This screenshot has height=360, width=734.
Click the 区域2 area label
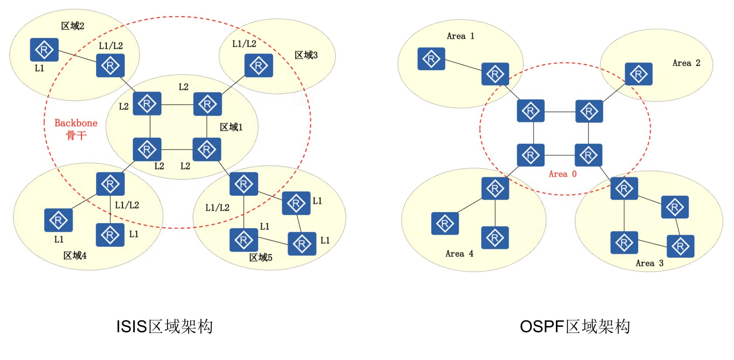pyautogui.click(x=72, y=26)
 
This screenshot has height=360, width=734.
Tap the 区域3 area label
pyautogui.click(x=306, y=55)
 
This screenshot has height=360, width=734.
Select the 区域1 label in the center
pyautogui.click(x=231, y=127)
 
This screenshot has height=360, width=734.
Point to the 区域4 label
pyautogui.click(x=75, y=255)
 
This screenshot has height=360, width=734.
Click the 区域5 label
pyautogui.click(x=260, y=257)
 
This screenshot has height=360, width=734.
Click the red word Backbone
pyautogui.click(x=76, y=123)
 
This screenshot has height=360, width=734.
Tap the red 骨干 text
pyautogui.click(x=76, y=135)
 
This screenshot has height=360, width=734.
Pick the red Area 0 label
pyautogui.click(x=563, y=174)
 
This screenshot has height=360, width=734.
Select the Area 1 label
pyautogui.click(x=460, y=36)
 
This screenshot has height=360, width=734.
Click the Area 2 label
pyautogui.click(x=686, y=63)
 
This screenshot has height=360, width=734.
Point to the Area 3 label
pyautogui.click(x=649, y=263)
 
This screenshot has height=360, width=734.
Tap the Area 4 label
pyautogui.click(x=459, y=254)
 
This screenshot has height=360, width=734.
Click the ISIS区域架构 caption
pyautogui.click(x=164, y=327)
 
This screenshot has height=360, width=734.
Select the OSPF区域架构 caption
pyautogui.click(x=575, y=327)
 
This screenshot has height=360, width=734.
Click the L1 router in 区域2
pyautogui.click(x=44, y=50)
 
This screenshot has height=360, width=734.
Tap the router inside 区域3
pyautogui.click(x=259, y=66)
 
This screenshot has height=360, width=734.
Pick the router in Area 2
pyautogui.click(x=638, y=74)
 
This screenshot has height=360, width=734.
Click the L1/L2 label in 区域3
pyautogui.click(x=244, y=44)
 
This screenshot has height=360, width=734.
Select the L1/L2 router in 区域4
pyautogui.click(x=110, y=184)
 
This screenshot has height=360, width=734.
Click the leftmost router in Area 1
pyautogui.click(x=431, y=59)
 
